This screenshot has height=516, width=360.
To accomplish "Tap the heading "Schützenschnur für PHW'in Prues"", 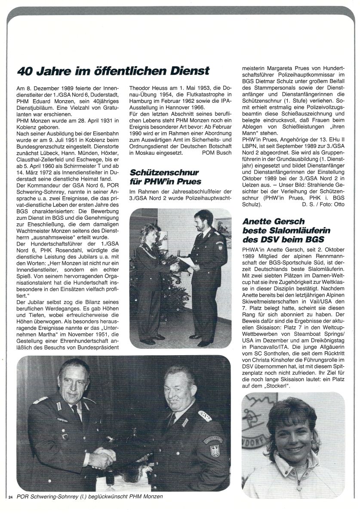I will point(166,177).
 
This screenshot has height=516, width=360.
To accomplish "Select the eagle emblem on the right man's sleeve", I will point(214,450).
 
